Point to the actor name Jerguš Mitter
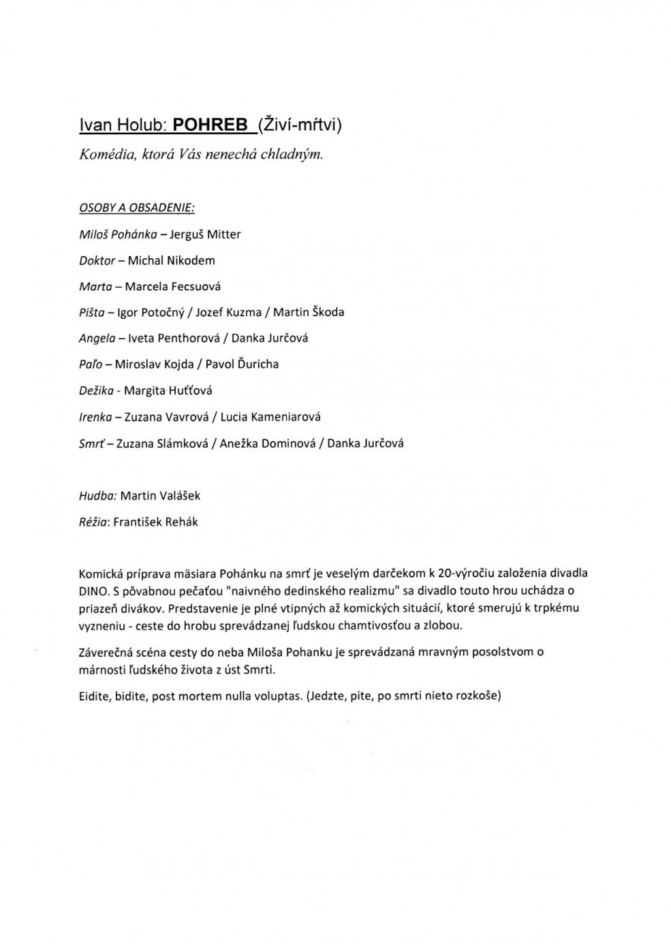(205, 234)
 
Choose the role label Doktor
(97, 260)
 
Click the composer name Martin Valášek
(160, 496)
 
